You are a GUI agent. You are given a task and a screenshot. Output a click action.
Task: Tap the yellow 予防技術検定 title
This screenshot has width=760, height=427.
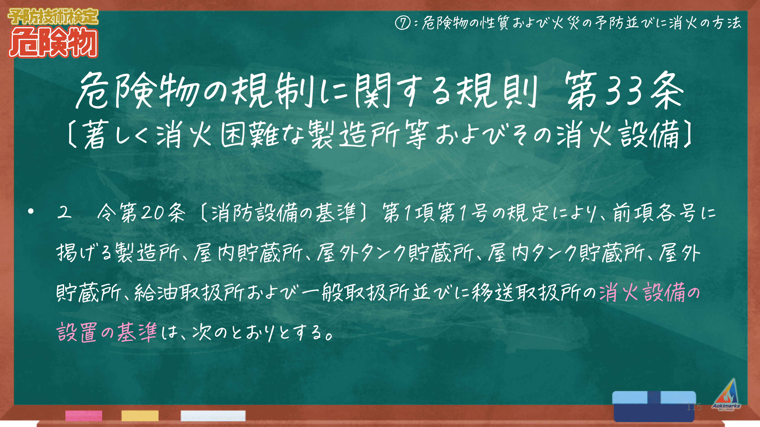pos(53,17)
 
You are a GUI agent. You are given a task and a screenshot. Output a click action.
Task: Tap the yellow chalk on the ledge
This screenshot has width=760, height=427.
pos(140,415)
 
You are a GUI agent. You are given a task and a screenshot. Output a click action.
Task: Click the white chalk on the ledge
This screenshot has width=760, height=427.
pos(213,415)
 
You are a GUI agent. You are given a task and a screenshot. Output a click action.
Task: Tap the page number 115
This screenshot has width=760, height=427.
pos(694,407)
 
